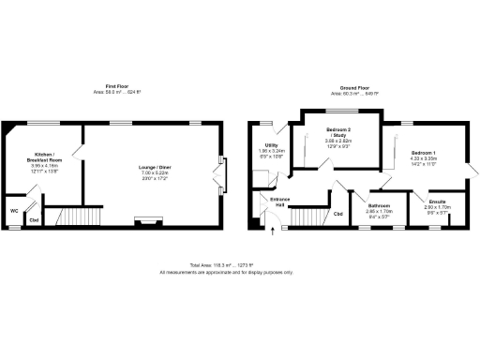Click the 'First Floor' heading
117,85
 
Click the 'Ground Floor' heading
352,86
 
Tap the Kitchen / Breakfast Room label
44,157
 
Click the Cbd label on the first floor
33,220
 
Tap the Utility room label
271,145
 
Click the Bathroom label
379,205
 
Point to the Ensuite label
438,202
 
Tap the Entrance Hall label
281,203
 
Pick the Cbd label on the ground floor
338,214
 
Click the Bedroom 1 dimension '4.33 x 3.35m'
423,159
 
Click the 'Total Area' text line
226,265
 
